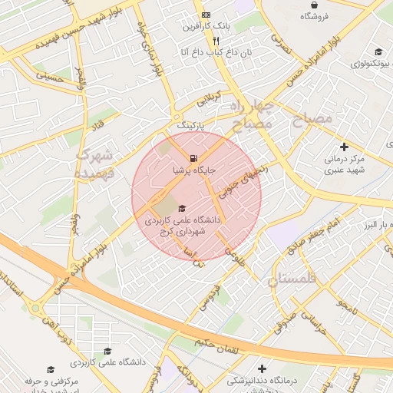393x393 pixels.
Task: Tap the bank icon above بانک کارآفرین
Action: (x=205, y=15)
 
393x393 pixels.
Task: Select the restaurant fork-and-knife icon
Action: (x=218, y=41)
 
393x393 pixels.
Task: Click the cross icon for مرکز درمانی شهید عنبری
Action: (x=343, y=147)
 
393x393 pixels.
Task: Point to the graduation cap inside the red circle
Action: (x=182, y=208)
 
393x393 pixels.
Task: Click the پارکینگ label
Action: (x=192, y=124)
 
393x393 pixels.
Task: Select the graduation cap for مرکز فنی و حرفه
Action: (x=51, y=370)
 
